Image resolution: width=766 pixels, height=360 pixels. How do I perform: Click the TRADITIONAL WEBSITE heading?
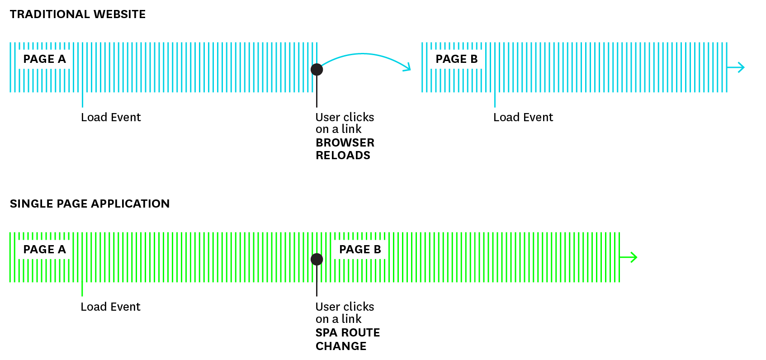(x=77, y=14)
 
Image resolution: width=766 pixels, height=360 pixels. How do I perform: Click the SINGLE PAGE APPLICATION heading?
(x=90, y=204)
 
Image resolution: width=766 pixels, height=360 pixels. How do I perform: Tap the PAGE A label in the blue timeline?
(x=44, y=59)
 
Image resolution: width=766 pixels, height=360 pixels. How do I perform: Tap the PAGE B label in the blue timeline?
(x=456, y=59)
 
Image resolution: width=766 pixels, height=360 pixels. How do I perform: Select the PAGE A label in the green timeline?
(x=44, y=250)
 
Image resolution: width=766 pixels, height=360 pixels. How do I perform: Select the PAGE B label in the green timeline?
(x=360, y=250)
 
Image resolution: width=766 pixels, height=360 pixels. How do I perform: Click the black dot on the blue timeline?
(x=317, y=69)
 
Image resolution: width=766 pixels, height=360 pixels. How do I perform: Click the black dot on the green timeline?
(x=317, y=259)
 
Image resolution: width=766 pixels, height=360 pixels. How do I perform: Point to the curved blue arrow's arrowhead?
(x=407, y=67)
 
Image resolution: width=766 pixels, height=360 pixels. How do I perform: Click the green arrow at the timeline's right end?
(x=629, y=257)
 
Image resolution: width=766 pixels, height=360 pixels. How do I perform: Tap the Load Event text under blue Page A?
(x=111, y=118)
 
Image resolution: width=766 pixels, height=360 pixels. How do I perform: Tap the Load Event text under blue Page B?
(x=523, y=118)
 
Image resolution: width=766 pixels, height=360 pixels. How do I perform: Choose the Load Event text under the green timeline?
(x=110, y=307)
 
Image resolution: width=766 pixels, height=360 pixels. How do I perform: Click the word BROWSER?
(x=345, y=143)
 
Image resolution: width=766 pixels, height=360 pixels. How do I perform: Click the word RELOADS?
(x=343, y=156)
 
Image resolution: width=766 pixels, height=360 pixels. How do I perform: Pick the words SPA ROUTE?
(x=348, y=333)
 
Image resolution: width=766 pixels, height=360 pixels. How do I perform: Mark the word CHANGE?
(x=341, y=346)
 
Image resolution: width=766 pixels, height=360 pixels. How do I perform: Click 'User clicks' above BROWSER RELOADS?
(x=345, y=118)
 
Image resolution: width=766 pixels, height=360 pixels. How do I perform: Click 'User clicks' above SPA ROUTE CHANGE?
(x=345, y=307)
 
